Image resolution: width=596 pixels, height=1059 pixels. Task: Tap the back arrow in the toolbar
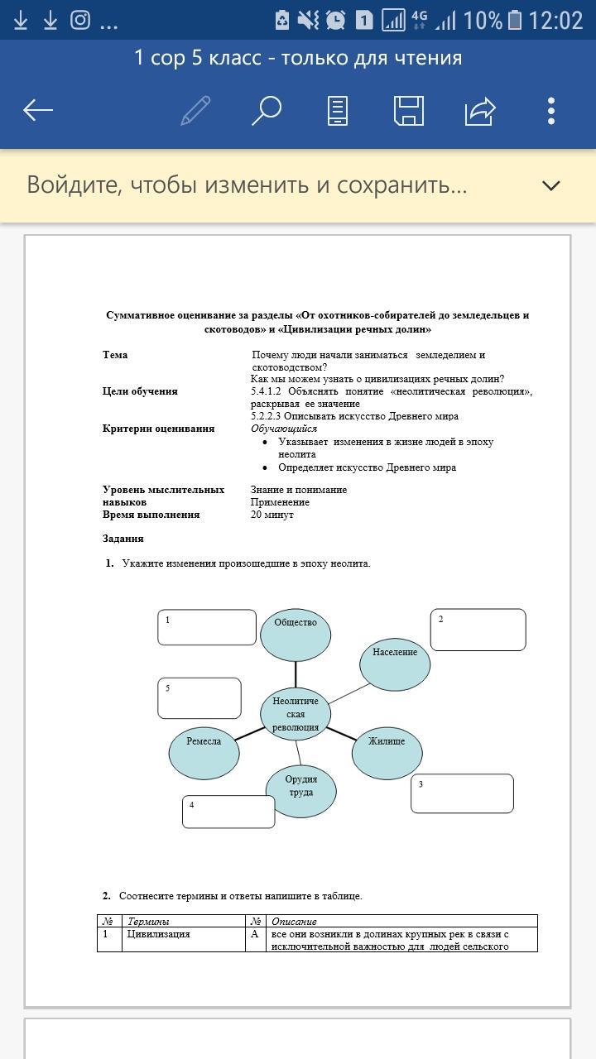(x=38, y=110)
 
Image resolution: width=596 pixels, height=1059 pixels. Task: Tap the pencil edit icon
(x=195, y=110)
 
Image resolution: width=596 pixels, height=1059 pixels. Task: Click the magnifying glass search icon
(x=267, y=110)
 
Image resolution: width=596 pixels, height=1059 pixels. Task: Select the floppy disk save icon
(x=409, y=110)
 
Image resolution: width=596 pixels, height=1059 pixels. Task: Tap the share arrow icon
(x=480, y=110)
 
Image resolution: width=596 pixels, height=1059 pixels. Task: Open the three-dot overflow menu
(x=551, y=110)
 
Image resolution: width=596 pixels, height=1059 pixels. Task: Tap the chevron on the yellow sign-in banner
(x=551, y=185)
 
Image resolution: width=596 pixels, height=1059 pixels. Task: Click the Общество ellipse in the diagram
(x=296, y=634)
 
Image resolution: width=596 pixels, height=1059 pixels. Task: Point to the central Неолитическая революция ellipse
(x=296, y=714)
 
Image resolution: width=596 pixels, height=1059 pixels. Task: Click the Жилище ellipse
(x=387, y=751)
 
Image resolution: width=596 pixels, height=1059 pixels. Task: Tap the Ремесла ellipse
(x=204, y=751)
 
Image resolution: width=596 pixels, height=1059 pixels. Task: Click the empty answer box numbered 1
(x=207, y=627)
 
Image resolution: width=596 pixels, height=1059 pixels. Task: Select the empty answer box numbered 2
(x=478, y=630)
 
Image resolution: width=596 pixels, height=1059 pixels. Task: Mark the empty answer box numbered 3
(x=462, y=793)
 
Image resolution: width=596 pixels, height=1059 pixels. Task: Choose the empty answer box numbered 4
(x=228, y=811)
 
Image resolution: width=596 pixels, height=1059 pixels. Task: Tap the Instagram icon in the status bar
(x=80, y=20)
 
